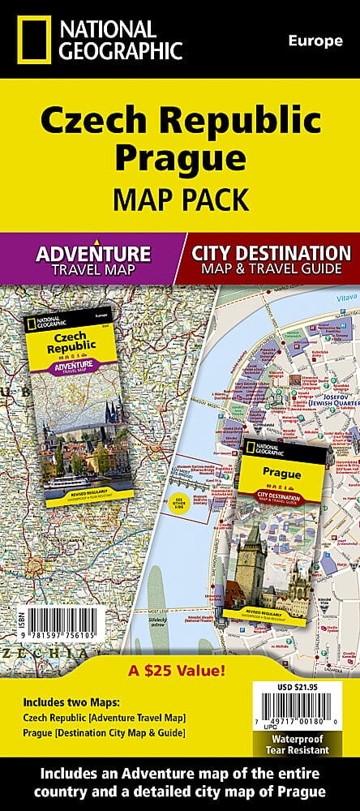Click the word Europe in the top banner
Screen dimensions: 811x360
click(x=315, y=41)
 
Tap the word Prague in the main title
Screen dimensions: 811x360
click(x=179, y=155)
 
